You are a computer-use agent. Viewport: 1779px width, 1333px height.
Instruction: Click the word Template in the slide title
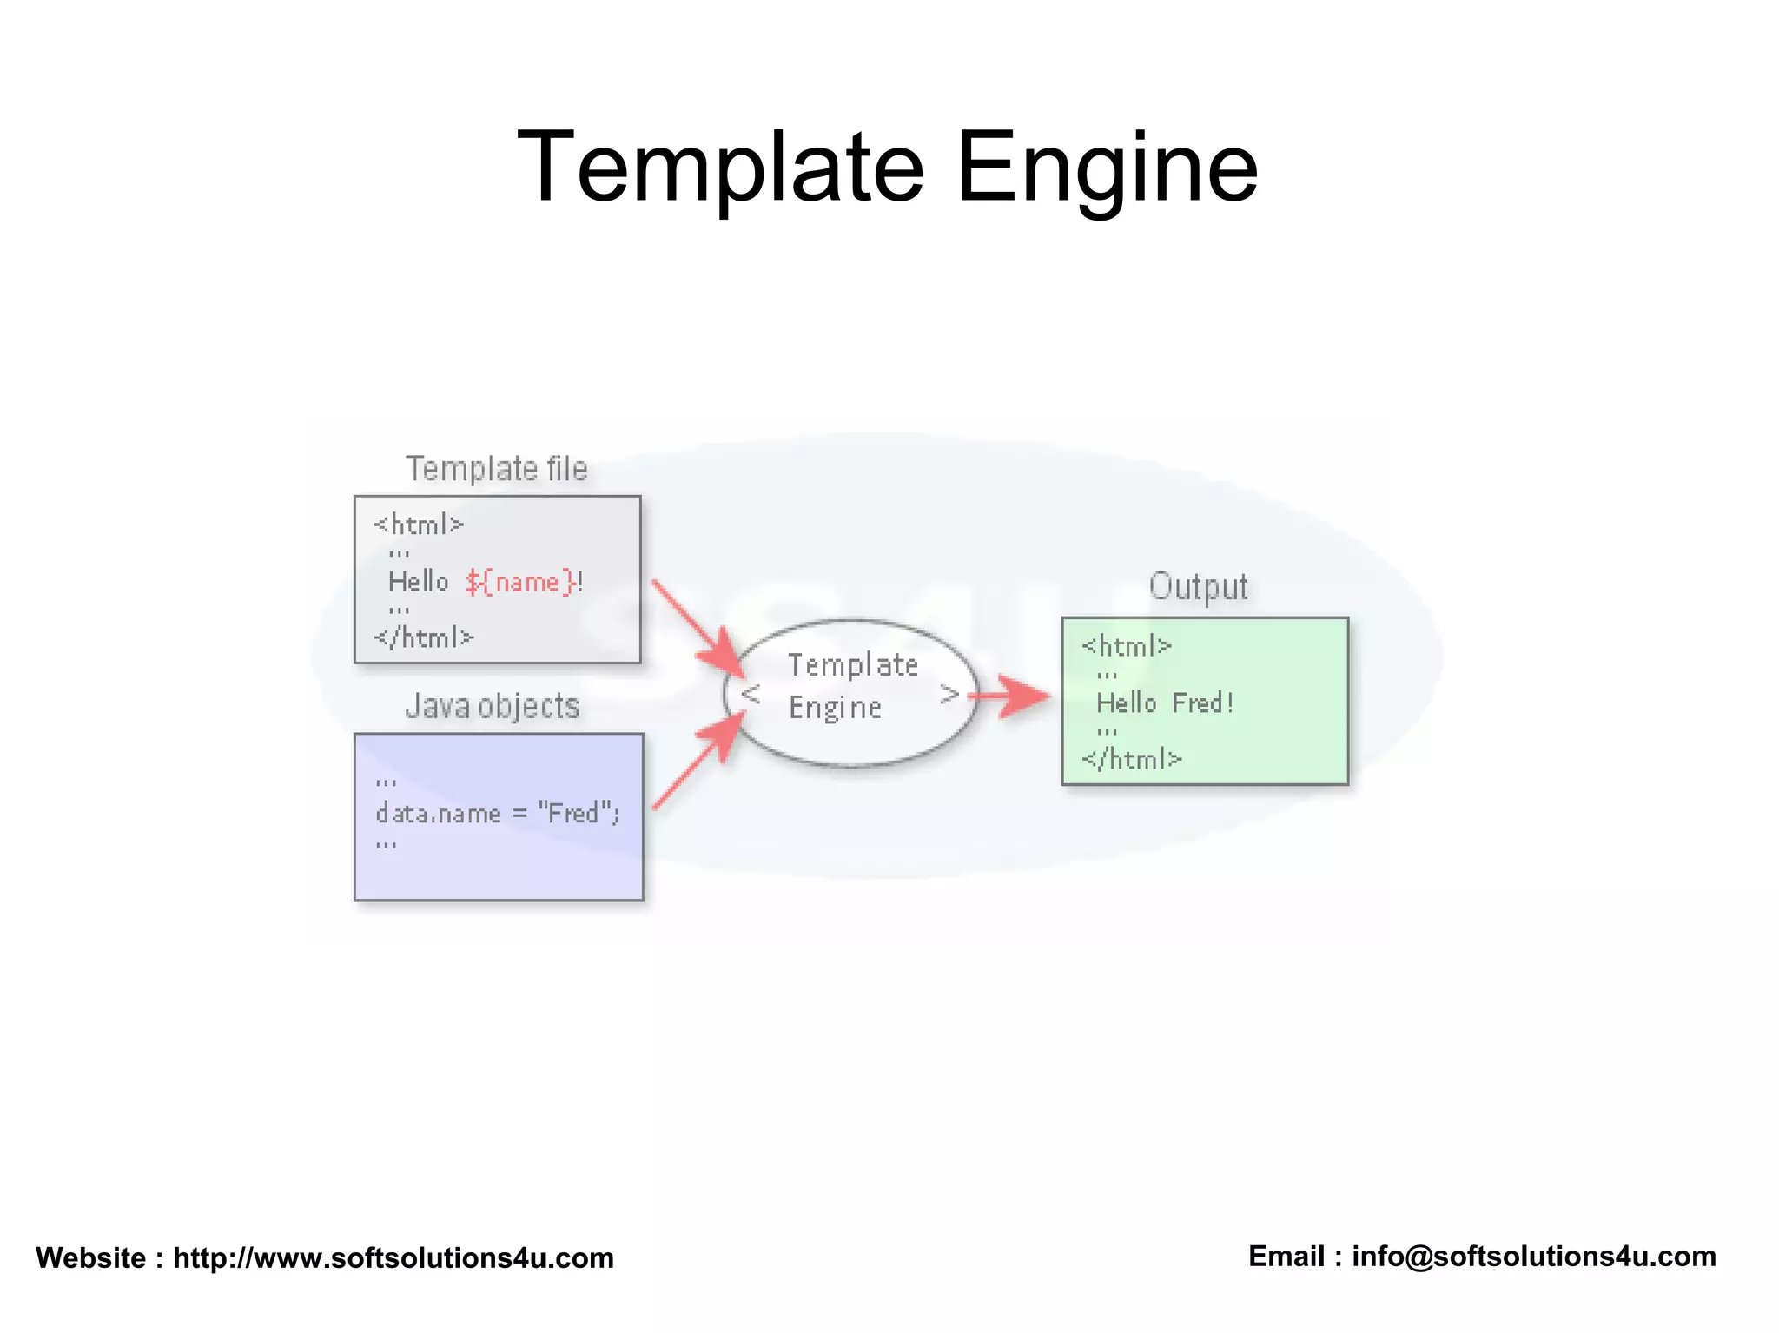[x=720, y=167]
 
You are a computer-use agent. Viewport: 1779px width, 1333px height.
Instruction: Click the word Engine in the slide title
[x=1107, y=167]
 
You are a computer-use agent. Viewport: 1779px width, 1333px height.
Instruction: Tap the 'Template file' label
[x=497, y=469]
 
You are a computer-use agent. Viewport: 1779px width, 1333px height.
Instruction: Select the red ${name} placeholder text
[x=520, y=582]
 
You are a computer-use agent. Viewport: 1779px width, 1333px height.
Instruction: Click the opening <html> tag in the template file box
[x=419, y=525]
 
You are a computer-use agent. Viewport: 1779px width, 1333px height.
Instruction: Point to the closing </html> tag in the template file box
[x=424, y=637]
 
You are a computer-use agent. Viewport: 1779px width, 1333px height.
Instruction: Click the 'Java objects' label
[x=493, y=706]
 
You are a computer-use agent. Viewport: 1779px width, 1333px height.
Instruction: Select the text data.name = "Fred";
[x=497, y=814]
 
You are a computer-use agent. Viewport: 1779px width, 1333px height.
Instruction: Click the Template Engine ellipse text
[x=851, y=686]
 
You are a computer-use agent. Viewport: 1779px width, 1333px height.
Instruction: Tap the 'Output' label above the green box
[x=1199, y=586]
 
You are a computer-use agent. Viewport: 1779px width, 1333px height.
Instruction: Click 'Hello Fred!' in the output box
[x=1165, y=703]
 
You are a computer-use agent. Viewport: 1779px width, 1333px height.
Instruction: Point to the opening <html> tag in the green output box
[x=1127, y=646]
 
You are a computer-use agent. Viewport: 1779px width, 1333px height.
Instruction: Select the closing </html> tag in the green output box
[x=1132, y=759]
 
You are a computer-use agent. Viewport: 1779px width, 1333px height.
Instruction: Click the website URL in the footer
[x=393, y=1257]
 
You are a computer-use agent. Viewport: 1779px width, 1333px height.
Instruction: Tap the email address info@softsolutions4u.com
[x=1534, y=1256]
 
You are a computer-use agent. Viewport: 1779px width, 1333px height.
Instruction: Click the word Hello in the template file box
[x=418, y=582]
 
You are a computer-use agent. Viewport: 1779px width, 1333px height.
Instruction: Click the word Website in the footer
[x=91, y=1257]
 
